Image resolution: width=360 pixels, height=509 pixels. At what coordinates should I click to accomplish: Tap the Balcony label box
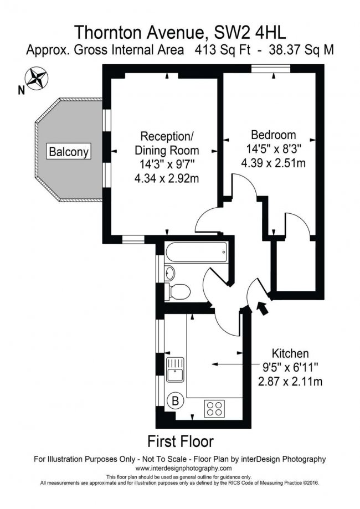pyautogui.click(x=69, y=151)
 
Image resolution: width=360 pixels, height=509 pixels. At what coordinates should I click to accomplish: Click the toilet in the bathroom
pyautogui.click(x=179, y=290)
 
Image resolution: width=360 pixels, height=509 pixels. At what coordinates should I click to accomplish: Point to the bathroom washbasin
pyautogui.click(x=170, y=272)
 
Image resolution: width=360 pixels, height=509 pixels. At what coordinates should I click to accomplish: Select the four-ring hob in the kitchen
pyautogui.click(x=215, y=408)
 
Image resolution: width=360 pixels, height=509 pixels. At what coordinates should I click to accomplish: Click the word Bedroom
pyautogui.click(x=273, y=135)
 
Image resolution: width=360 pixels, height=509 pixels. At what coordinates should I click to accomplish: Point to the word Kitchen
pyautogui.click(x=290, y=353)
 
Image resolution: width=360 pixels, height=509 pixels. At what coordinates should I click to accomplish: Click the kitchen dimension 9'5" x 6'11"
pyautogui.click(x=290, y=367)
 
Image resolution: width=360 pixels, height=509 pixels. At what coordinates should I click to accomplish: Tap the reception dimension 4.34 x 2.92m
pyautogui.click(x=166, y=178)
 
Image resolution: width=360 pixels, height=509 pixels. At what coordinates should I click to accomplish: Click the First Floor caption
pyautogui.click(x=180, y=441)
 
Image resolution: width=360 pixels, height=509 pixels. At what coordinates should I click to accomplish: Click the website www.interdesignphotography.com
pyautogui.click(x=180, y=468)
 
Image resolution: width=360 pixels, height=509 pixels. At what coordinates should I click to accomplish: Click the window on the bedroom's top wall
pyautogui.click(x=270, y=69)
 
